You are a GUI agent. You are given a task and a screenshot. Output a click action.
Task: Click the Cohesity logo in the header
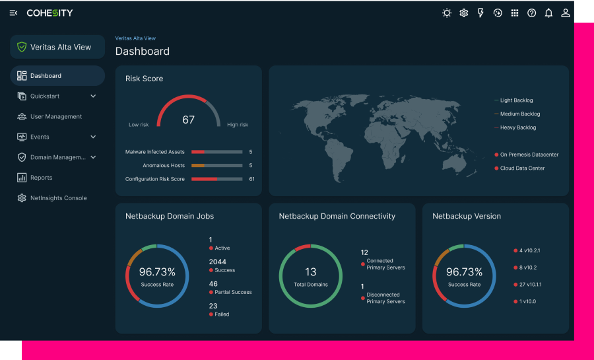[x=49, y=13]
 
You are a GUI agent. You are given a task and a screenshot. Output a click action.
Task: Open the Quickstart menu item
[x=45, y=96]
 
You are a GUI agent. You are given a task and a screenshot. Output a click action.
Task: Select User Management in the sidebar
[x=56, y=117]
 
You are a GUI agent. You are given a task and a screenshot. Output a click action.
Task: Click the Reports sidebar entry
[x=41, y=178]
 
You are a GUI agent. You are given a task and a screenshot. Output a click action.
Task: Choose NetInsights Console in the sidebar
[x=58, y=198]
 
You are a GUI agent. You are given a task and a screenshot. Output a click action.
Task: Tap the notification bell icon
[x=548, y=13]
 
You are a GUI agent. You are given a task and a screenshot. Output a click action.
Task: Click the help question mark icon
[x=531, y=13]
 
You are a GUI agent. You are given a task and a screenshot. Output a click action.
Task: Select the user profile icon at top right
[x=566, y=13]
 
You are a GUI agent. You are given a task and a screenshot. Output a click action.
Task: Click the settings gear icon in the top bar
[x=464, y=13]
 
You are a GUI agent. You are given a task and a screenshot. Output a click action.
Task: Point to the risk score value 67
[x=189, y=120]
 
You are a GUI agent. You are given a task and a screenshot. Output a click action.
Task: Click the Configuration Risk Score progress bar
[x=216, y=179]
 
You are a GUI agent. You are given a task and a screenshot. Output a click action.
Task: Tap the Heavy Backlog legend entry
[x=517, y=127]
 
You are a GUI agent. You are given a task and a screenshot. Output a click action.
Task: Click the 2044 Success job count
[x=218, y=262]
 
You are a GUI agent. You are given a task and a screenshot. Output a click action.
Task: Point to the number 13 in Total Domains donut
[x=311, y=271]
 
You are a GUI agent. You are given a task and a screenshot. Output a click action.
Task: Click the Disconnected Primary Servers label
[x=385, y=298]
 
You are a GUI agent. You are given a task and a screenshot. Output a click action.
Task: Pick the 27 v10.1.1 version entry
[x=529, y=285]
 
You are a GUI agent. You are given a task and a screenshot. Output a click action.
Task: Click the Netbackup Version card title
[x=466, y=216]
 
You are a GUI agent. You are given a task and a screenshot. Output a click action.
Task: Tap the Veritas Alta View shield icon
[x=22, y=48]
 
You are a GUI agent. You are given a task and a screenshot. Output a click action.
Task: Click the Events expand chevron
[x=93, y=137]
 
